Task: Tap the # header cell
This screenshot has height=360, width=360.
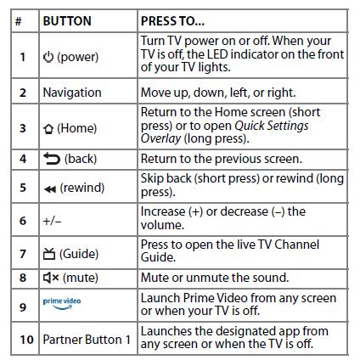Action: tap(19, 19)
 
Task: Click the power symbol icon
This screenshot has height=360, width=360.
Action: tap(48, 57)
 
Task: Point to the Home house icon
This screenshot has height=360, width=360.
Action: tap(48, 127)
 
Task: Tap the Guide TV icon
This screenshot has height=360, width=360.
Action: tap(48, 254)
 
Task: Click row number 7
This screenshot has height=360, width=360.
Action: tap(23, 254)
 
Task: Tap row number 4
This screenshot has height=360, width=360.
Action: tap(23, 159)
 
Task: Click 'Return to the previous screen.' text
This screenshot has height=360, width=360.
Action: tap(223, 158)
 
